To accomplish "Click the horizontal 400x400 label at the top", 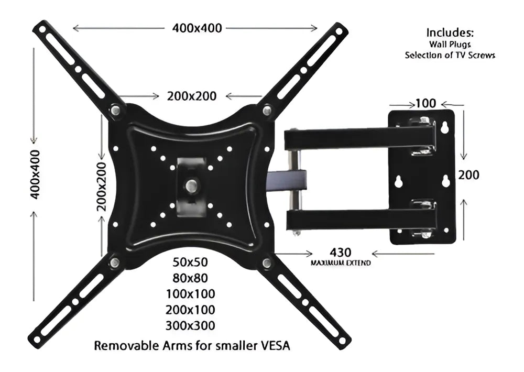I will click(x=197, y=28).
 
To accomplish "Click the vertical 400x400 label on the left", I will click(x=35, y=174).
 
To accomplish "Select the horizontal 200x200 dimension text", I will click(x=192, y=96).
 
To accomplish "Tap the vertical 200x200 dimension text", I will click(x=101, y=186).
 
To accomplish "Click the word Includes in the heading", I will click(x=450, y=32).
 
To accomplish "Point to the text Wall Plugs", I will click(x=450, y=45).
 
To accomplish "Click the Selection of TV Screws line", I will click(x=450, y=55).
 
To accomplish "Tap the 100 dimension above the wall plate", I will click(x=425, y=103).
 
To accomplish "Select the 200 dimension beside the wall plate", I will click(x=468, y=175).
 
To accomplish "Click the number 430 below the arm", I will click(x=341, y=253).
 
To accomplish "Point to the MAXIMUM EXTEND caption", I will click(x=341, y=262).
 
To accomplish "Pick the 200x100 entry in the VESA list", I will click(x=190, y=310).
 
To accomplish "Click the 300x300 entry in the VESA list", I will click(x=190, y=325).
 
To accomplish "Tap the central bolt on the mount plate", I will click(x=192, y=185).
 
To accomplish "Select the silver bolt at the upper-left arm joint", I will click(x=116, y=111).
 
